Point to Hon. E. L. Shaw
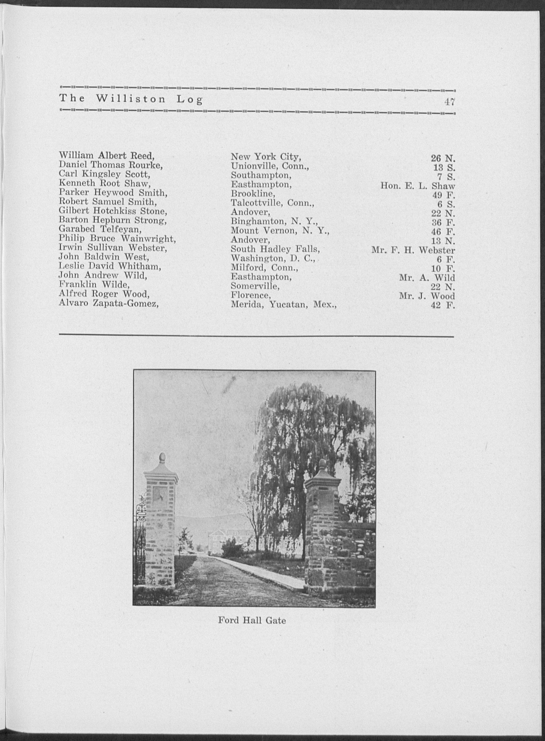[418, 186]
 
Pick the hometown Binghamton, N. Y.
[274, 220]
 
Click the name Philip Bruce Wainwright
[117, 238]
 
